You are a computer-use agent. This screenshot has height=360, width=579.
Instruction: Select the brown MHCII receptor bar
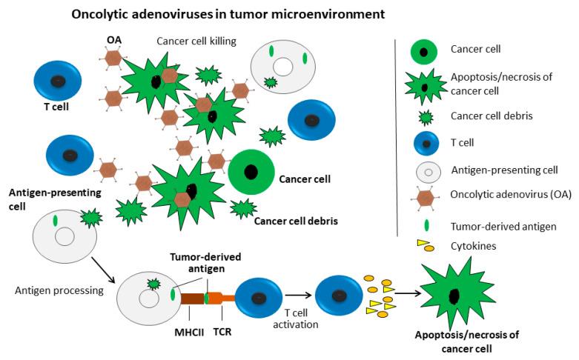[x=191, y=299]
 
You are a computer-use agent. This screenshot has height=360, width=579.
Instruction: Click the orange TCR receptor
[x=220, y=299]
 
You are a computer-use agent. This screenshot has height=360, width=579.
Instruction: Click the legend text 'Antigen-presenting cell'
[x=503, y=170]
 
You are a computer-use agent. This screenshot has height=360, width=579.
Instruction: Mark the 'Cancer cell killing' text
[x=196, y=41]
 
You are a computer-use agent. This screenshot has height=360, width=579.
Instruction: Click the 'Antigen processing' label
[x=59, y=290]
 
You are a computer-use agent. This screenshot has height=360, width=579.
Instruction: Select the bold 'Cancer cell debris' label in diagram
[x=295, y=220]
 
